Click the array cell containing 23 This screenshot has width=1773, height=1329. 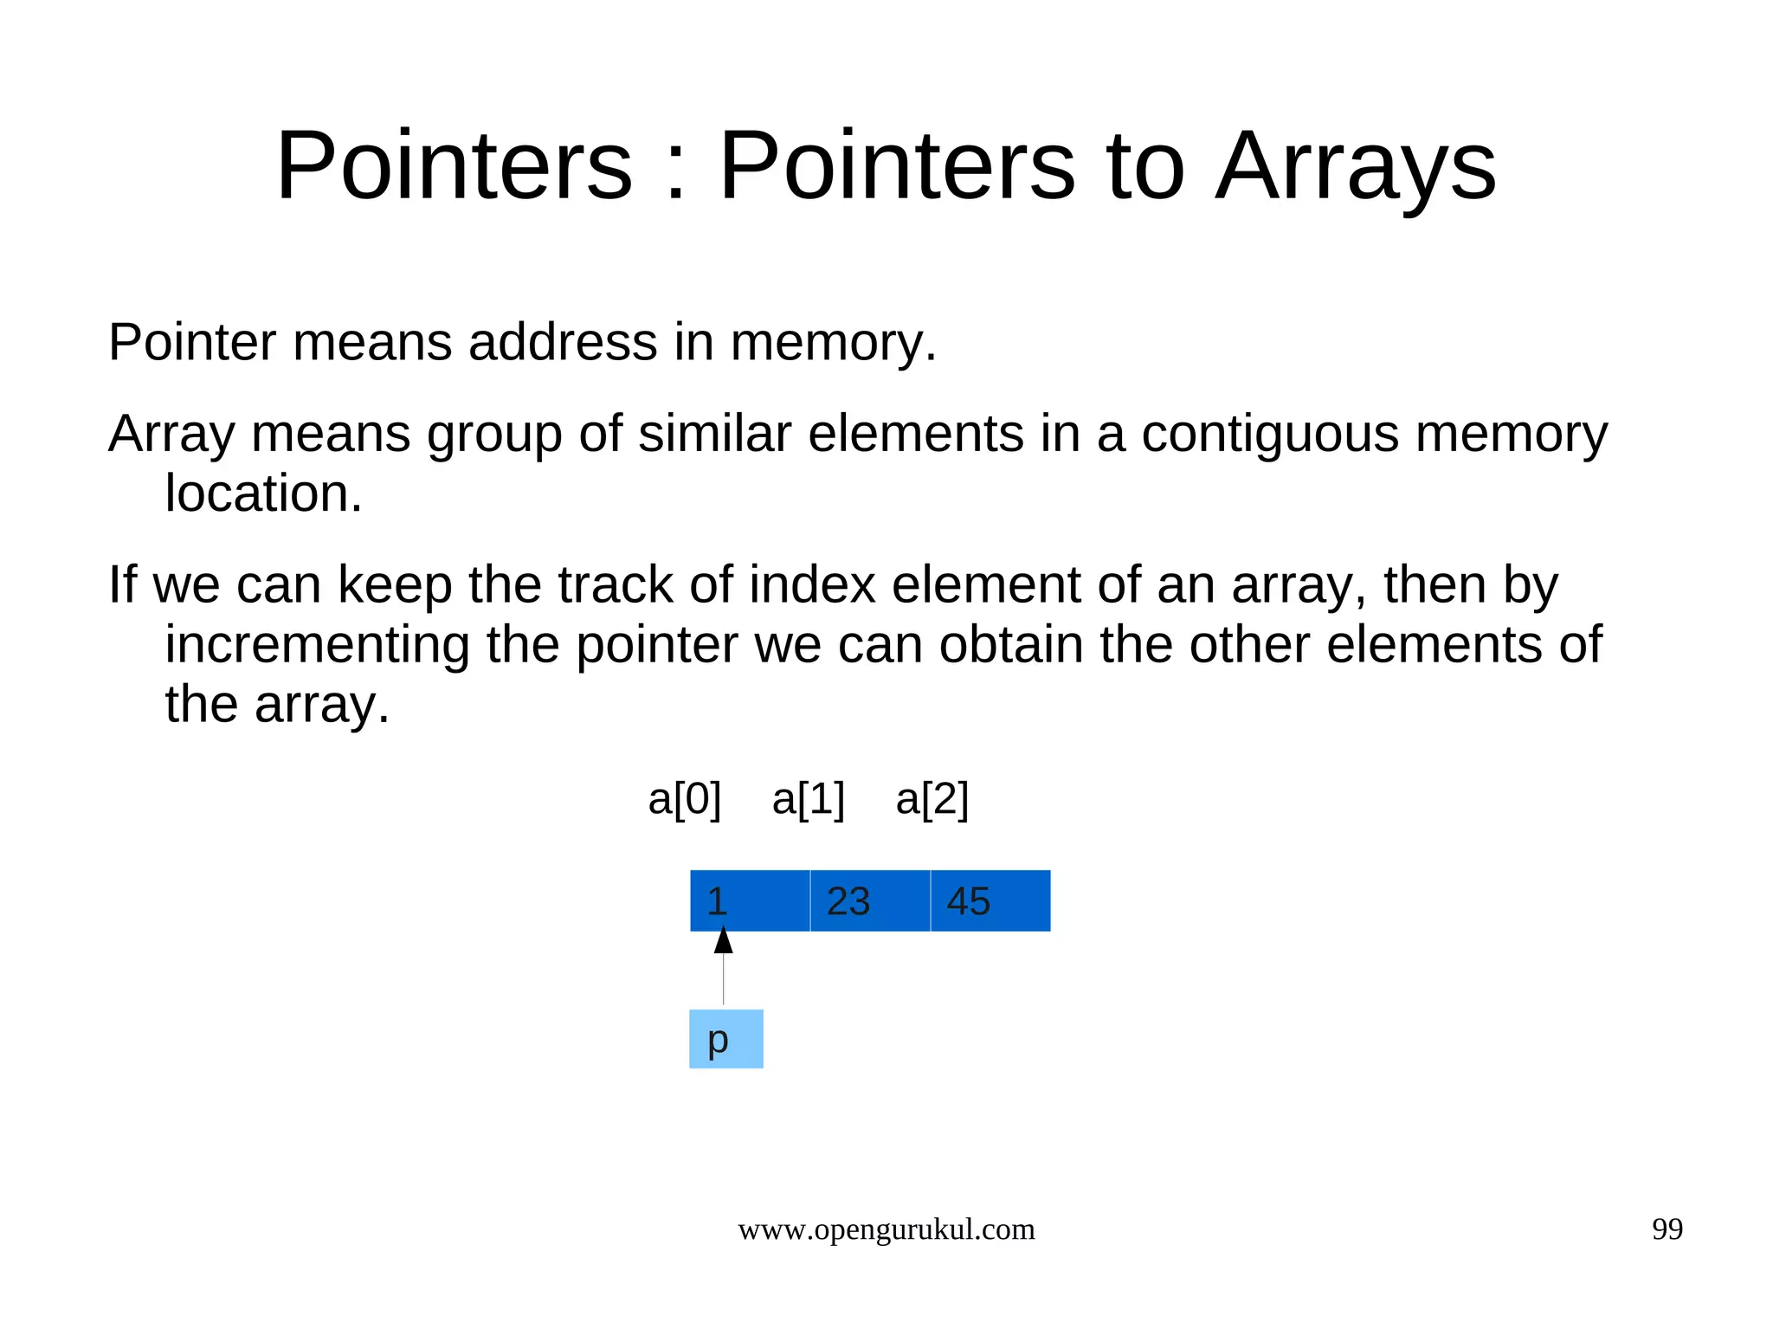[869, 901]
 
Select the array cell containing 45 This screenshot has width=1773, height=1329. [990, 901]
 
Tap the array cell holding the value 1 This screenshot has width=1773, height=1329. [750, 901]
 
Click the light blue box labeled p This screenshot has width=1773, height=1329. [725, 1039]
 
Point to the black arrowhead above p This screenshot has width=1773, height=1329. [724, 940]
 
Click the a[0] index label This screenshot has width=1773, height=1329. [684, 799]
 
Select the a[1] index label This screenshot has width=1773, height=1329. [808, 799]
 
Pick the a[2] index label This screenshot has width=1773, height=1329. [932, 799]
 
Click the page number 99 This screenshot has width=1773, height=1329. [1667, 1229]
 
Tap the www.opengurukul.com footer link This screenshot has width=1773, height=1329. [886, 1229]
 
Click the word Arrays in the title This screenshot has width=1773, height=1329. [1356, 166]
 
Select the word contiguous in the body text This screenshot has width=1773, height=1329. [1269, 434]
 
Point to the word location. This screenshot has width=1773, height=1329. [263, 494]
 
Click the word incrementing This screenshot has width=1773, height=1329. [317, 645]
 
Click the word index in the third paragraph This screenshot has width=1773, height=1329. [812, 584]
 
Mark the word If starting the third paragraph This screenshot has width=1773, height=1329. [122, 584]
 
